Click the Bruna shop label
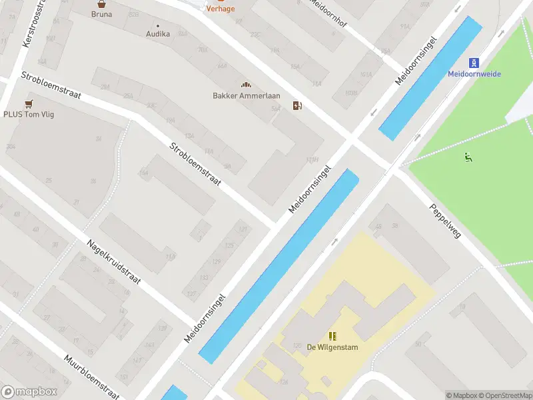point(102,13)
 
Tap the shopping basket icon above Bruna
point(102,3)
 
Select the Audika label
point(158,33)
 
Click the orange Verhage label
point(220,9)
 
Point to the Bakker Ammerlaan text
point(246,95)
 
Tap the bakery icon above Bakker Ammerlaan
point(246,85)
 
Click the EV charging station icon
point(297,105)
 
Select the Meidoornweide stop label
point(474,74)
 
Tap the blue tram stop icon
point(474,63)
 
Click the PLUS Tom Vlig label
point(28,114)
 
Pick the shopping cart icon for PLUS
point(28,103)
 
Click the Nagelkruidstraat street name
point(113,261)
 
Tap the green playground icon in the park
point(468,158)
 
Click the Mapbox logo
point(29,392)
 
